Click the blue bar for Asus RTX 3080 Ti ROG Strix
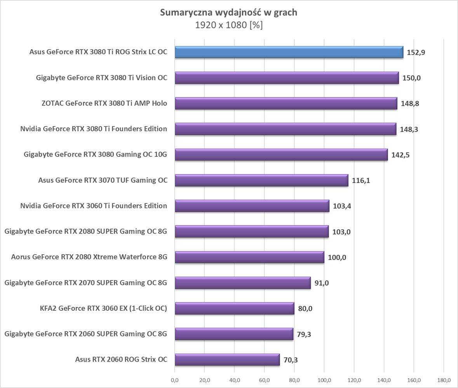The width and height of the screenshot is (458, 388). click(289, 52)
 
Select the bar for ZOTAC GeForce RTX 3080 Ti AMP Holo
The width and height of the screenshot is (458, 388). click(286, 104)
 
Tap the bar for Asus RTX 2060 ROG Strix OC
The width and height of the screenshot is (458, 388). click(227, 360)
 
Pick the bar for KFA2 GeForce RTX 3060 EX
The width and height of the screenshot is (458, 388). click(234, 308)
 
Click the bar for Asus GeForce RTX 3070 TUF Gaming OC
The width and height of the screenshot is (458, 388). click(261, 180)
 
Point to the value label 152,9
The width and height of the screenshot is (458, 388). click(416, 52)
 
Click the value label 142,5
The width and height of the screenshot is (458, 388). click(400, 155)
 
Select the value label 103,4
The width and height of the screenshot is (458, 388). click(342, 206)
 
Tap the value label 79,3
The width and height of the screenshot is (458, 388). click(306, 334)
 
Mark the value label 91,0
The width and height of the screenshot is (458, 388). click(322, 283)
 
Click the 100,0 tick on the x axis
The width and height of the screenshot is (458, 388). click(324, 379)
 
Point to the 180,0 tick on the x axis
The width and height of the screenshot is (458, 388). click(444, 379)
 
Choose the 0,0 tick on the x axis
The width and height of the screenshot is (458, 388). click(175, 379)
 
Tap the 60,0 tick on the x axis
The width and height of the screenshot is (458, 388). click(265, 379)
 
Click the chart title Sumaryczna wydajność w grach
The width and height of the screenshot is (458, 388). click(229, 12)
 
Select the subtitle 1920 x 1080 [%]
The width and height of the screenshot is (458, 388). click(229, 25)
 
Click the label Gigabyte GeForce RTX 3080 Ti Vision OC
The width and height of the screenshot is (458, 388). click(101, 78)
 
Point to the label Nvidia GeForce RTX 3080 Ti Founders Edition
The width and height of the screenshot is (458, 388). click(94, 129)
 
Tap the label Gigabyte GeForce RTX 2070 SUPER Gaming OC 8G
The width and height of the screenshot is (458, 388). click(86, 282)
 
